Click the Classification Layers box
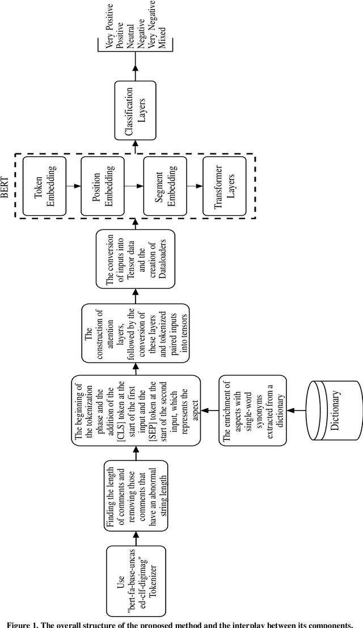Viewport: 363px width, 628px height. [x=134, y=110]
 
